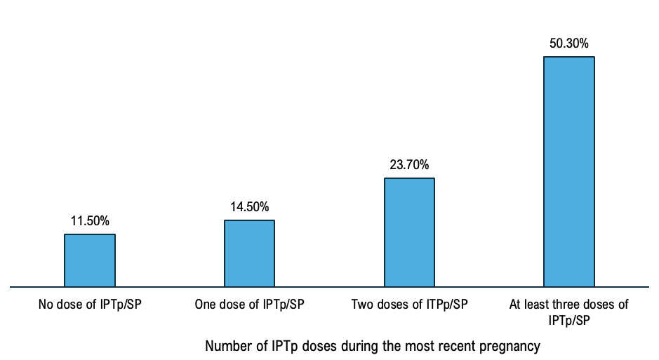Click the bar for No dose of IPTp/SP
pos(90,260)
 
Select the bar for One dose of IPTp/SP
pos(249,253)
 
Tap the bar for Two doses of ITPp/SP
pos(409,232)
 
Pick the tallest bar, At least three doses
pos(569,171)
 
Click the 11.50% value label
pos(90,221)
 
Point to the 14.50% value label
pos(249,207)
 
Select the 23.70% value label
pos(409,165)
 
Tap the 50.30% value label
pos(569,44)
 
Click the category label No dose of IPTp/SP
pos(90,305)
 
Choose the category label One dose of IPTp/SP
pos(249,305)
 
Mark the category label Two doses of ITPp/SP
pos(409,305)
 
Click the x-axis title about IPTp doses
pos(373,346)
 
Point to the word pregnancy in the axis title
pos(512,347)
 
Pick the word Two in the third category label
pos(361,305)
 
